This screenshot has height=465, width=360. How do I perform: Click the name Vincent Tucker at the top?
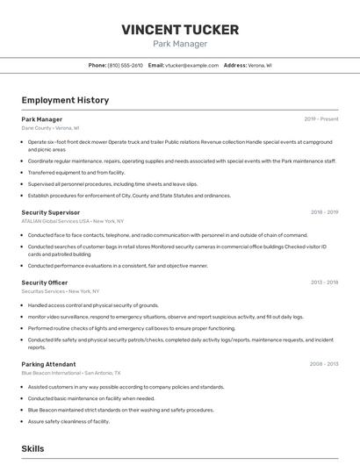point(180,30)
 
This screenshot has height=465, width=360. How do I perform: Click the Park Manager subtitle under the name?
point(180,44)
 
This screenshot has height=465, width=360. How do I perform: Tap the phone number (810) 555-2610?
point(125,66)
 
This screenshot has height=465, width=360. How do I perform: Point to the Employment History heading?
point(65,100)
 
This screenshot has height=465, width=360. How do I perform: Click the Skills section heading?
point(32,448)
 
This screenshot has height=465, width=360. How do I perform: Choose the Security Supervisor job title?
point(51,212)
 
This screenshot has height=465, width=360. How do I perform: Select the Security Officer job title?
point(45,283)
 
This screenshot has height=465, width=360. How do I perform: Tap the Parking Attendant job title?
point(48,364)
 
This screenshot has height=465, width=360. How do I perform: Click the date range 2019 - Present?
point(321,119)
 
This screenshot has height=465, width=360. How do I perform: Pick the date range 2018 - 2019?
point(324,212)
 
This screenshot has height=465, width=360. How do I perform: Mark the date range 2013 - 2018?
point(324,283)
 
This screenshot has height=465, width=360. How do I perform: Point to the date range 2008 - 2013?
point(324,364)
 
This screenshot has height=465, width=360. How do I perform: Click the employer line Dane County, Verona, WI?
point(50,128)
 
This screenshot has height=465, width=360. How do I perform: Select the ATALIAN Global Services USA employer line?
point(73,221)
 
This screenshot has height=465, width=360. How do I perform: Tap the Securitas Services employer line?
point(61,291)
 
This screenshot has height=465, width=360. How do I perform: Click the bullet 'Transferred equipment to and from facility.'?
point(76,173)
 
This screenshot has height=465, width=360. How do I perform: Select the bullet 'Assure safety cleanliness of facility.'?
point(68,421)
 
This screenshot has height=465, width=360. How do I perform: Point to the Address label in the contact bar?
point(235,66)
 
